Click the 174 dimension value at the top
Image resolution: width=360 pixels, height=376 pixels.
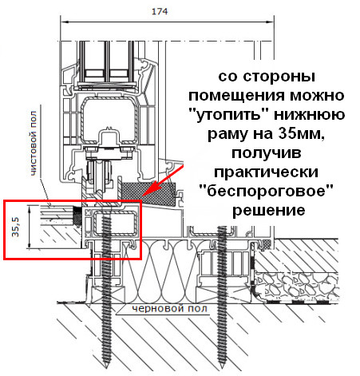point(160,11)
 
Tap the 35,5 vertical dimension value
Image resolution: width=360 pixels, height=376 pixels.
point(16,227)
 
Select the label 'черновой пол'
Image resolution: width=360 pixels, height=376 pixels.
point(169,309)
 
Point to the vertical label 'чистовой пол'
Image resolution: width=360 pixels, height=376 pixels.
point(34,144)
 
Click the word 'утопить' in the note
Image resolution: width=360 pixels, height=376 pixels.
point(230,115)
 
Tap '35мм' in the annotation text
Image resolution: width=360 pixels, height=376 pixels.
point(301,133)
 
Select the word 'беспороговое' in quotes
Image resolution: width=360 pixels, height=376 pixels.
point(267,191)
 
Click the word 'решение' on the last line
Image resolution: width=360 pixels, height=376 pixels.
point(269,210)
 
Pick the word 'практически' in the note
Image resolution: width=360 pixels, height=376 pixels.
point(266,172)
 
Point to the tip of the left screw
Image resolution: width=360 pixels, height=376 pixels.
point(106,368)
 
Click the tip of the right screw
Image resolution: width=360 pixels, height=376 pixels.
point(223,368)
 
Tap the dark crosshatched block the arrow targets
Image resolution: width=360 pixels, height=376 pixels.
point(149,193)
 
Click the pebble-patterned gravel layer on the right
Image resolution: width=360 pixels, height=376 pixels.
point(297,286)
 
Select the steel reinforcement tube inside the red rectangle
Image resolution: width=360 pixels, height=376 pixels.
point(115,223)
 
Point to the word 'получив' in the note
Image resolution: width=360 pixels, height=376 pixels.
point(267,153)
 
